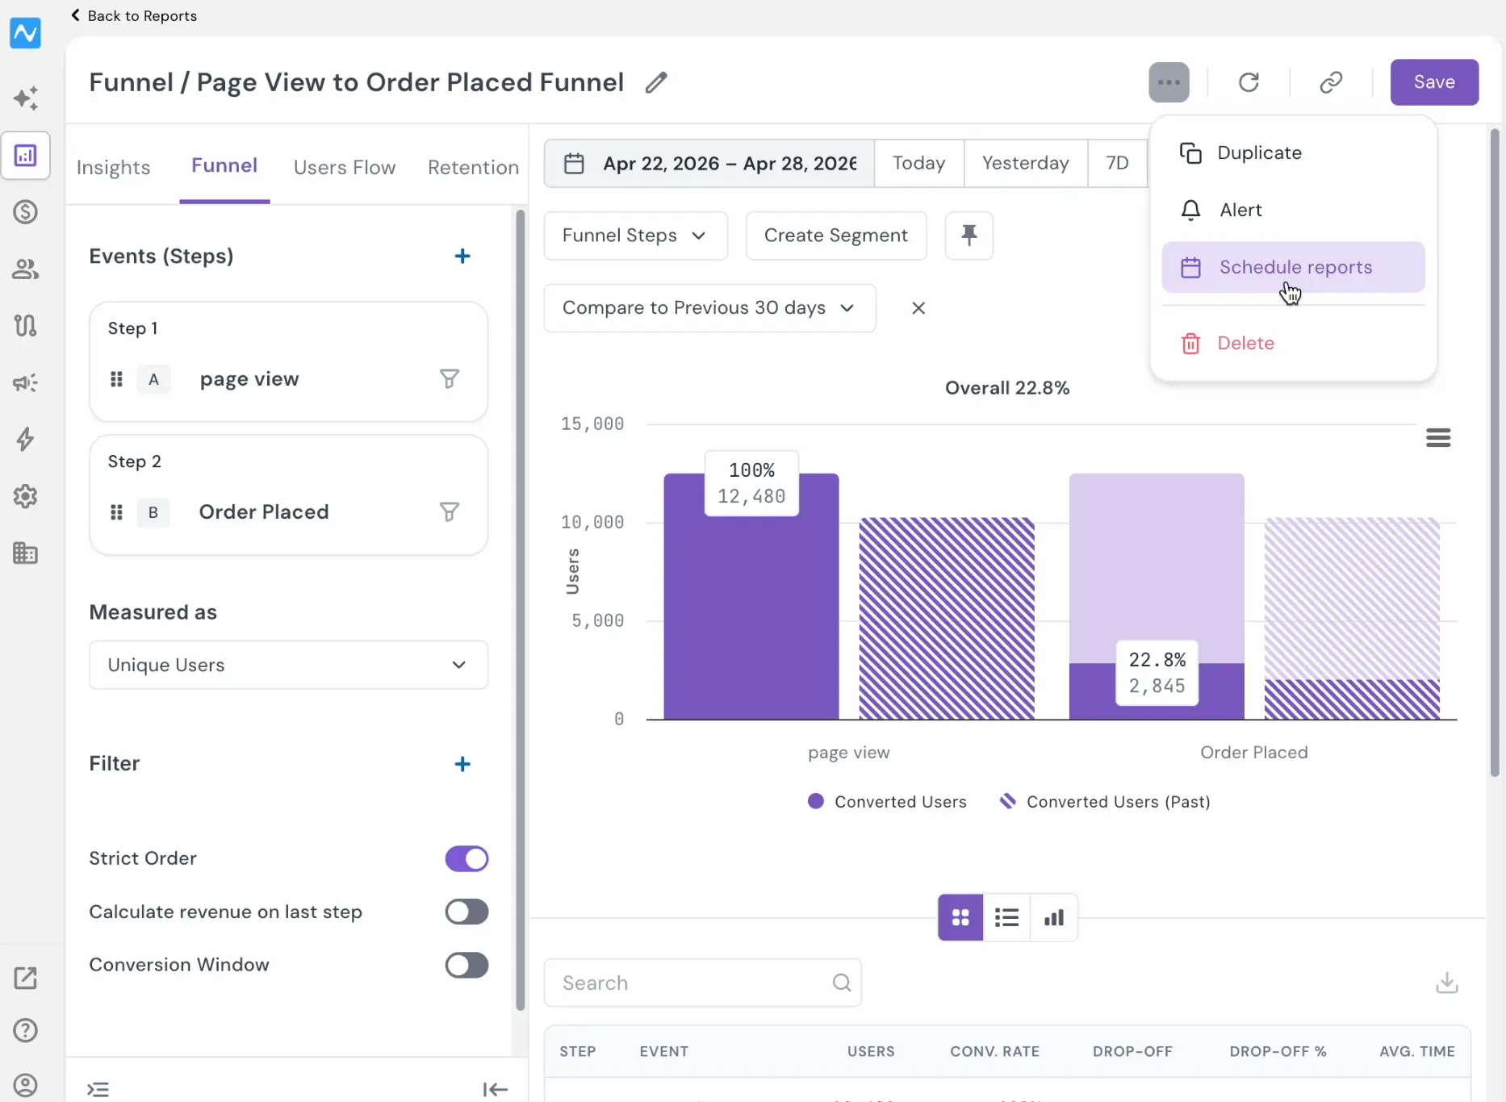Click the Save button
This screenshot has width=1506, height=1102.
pos(1434,82)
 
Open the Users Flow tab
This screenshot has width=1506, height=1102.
pos(345,167)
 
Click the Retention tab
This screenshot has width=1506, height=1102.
pos(473,167)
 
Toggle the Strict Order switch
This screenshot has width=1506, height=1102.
pos(466,858)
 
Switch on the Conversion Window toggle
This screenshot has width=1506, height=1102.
pos(466,965)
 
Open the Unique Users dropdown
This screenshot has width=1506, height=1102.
pos(288,665)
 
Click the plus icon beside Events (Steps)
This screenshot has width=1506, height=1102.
pos(462,257)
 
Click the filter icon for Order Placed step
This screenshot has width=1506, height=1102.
pos(450,512)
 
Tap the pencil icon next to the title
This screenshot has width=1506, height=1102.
pos(656,82)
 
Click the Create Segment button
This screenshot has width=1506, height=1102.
pos(836,236)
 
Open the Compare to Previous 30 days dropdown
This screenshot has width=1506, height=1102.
pos(709,308)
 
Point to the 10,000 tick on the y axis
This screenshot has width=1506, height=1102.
pos(592,522)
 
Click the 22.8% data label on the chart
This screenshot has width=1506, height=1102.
pos(1157,660)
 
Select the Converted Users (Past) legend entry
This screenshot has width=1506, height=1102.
pos(1105,802)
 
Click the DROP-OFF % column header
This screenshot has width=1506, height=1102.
pos(1278,1051)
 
